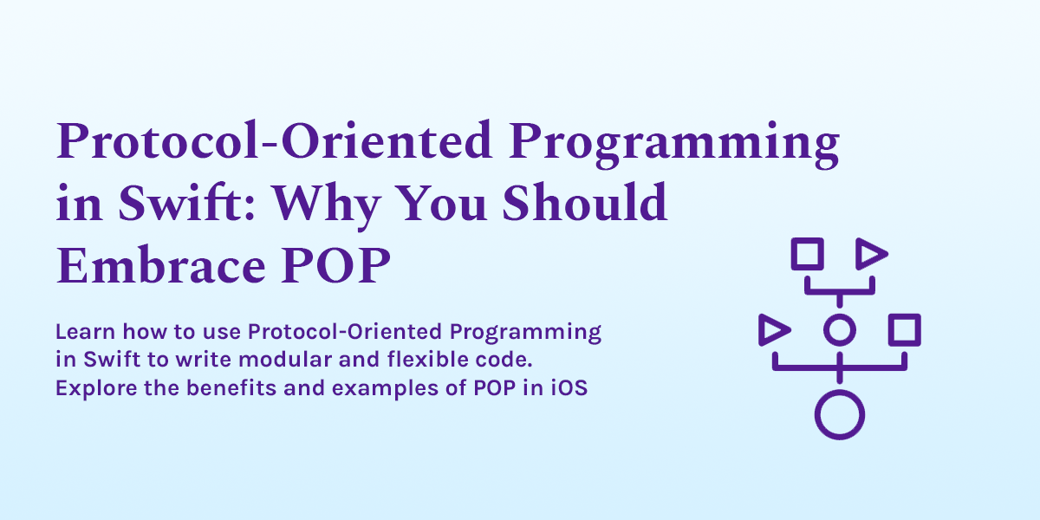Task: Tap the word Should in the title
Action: [x=584, y=203]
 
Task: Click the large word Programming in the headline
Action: [x=673, y=144]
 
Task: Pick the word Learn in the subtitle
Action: [x=86, y=331]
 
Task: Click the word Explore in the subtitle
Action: [x=96, y=388]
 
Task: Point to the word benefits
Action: [x=231, y=387]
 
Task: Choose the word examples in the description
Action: [x=386, y=389]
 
